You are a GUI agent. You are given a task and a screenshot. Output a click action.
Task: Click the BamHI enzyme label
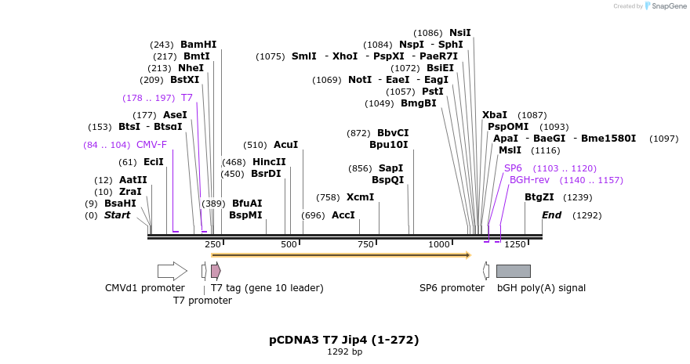(x=198, y=45)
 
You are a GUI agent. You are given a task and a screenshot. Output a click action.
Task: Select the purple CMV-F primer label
(x=151, y=145)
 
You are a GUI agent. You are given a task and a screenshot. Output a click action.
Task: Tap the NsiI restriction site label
(x=460, y=33)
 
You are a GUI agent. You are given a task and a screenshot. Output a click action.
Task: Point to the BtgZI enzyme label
(x=539, y=197)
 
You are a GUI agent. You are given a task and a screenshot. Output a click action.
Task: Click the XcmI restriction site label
(x=361, y=197)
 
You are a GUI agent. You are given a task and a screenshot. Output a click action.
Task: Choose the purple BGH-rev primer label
(x=530, y=180)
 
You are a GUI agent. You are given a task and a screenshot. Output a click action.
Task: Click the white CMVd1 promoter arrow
(x=172, y=271)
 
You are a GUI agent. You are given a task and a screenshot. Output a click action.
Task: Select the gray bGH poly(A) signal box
(x=514, y=271)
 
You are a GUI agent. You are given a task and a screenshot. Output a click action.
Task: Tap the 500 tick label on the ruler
(x=289, y=245)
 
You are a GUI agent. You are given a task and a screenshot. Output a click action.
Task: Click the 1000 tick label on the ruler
(x=440, y=245)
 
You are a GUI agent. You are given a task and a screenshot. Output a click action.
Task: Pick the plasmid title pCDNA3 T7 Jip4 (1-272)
(x=344, y=340)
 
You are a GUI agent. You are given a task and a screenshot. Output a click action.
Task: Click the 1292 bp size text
(x=344, y=352)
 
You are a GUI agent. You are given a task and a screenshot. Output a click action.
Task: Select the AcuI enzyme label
(x=286, y=145)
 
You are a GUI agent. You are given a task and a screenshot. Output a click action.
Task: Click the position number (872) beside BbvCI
(x=358, y=133)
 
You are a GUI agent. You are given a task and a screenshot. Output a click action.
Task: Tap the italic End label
(x=552, y=215)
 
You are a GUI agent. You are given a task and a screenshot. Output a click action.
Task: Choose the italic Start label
(x=118, y=215)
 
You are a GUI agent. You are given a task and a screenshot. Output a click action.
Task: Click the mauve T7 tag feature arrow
(x=216, y=271)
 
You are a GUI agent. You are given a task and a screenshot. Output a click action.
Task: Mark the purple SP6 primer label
(x=513, y=168)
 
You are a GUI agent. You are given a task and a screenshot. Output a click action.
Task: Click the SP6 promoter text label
(x=452, y=288)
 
